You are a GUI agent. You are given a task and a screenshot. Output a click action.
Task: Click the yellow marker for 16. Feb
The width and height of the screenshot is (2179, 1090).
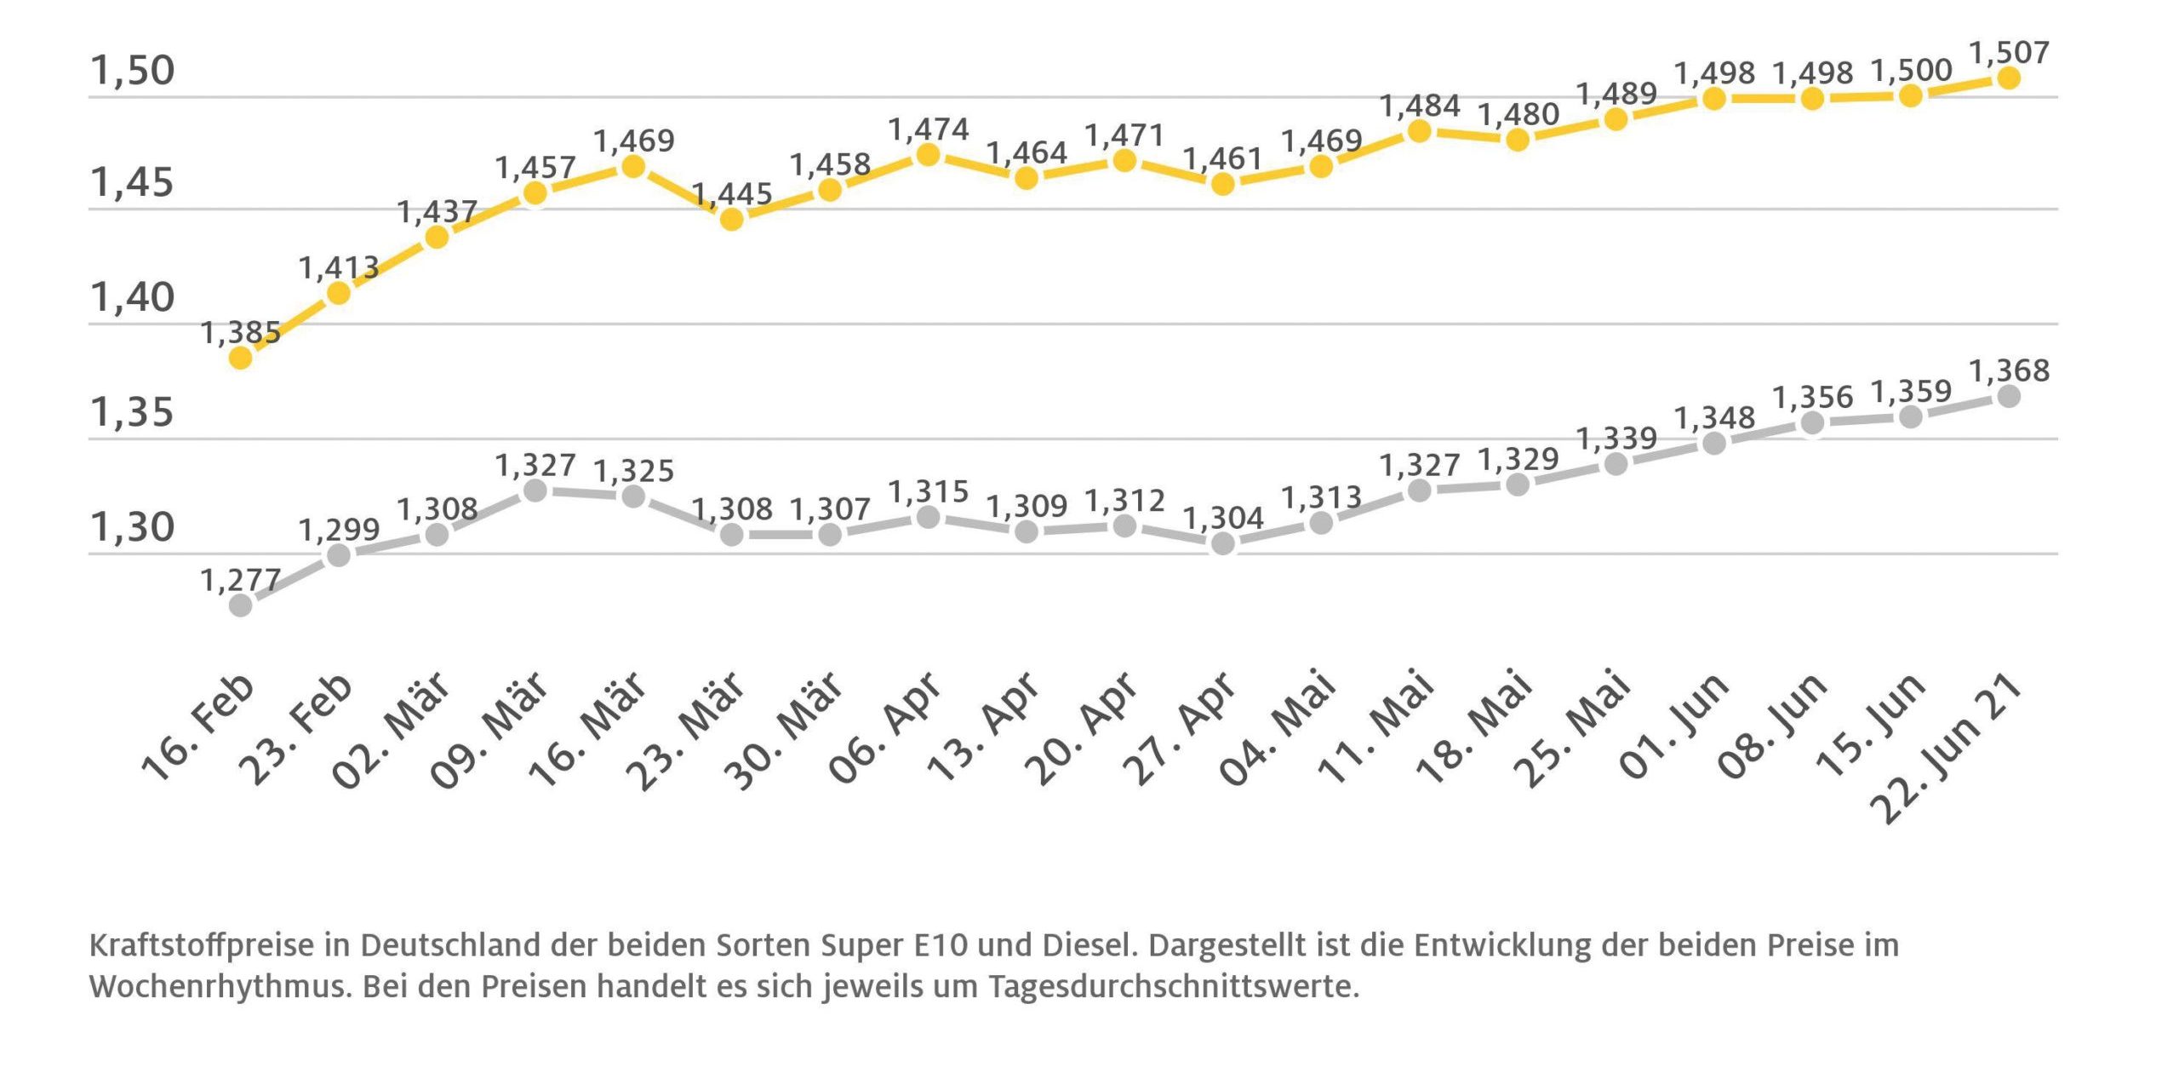point(241,358)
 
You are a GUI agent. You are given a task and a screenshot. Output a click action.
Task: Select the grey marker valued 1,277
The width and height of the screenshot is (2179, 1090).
point(241,605)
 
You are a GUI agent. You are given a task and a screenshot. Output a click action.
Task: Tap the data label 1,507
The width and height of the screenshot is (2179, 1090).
point(2009,53)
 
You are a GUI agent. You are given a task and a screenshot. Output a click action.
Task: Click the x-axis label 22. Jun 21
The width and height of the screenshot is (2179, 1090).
point(1949,749)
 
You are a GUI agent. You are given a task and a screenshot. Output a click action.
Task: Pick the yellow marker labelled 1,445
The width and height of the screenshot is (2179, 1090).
point(731,220)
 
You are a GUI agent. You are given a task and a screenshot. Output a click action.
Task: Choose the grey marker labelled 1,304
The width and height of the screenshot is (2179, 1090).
point(1222,543)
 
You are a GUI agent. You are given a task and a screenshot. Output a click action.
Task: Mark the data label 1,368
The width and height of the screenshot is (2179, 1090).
point(2009,370)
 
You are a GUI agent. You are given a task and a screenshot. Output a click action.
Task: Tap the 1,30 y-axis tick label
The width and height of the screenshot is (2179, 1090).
point(132,528)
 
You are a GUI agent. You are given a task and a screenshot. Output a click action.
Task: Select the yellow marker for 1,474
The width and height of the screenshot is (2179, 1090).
point(928,155)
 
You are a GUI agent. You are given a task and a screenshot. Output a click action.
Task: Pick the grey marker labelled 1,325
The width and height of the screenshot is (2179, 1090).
point(633,496)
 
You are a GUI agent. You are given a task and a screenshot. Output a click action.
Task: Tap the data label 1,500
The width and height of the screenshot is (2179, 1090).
point(1911,71)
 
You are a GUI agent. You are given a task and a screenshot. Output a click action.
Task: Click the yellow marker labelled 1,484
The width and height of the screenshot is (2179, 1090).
point(1419,131)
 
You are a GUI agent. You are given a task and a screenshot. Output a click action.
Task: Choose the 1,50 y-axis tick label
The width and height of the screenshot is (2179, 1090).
point(132,71)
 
